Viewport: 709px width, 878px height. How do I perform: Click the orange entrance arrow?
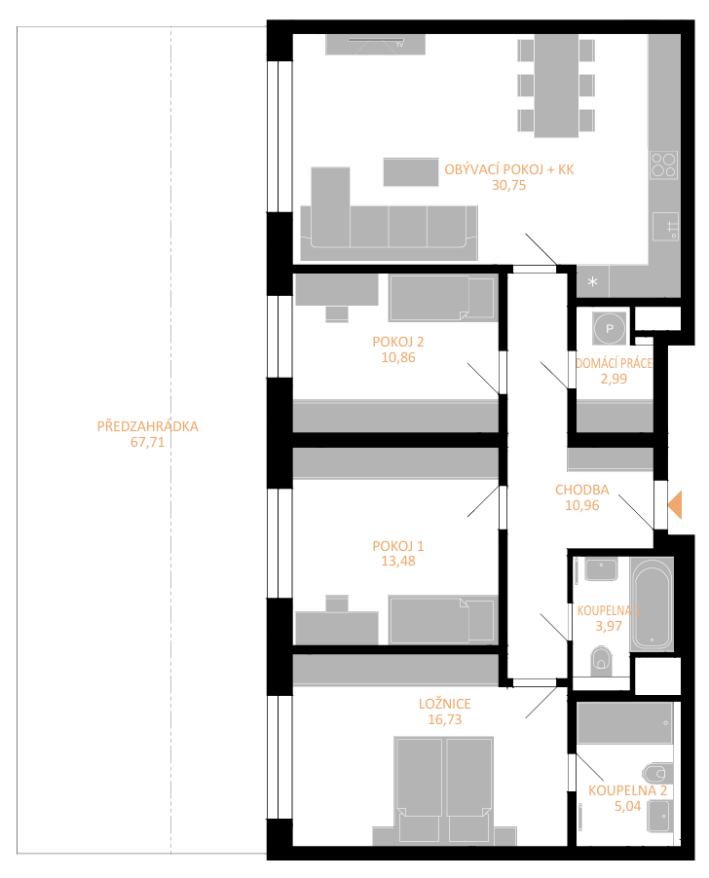(x=675, y=504)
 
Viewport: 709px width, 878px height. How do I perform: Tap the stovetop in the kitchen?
(x=663, y=165)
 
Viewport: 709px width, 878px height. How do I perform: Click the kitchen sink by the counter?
(x=665, y=227)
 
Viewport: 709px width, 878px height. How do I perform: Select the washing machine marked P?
(x=610, y=329)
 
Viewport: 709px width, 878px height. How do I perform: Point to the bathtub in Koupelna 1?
(x=652, y=604)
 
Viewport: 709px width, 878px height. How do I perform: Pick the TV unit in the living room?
(x=375, y=44)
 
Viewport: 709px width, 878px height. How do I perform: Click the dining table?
(x=556, y=86)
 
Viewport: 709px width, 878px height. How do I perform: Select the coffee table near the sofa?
(x=411, y=171)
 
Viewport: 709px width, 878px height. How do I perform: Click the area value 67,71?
(x=147, y=442)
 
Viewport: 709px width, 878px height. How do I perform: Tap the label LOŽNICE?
(x=445, y=704)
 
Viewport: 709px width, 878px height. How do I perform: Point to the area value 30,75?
(x=508, y=185)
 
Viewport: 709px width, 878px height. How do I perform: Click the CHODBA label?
(x=581, y=490)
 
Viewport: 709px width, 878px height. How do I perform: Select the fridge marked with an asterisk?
(x=592, y=281)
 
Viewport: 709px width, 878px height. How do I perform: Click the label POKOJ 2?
(x=397, y=342)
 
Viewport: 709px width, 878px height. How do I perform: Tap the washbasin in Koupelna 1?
(x=601, y=569)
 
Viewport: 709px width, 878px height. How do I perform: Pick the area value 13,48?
(x=397, y=561)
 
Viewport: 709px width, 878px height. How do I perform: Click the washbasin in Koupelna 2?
(x=660, y=816)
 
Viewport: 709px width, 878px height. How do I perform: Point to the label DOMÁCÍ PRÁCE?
(x=614, y=363)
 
